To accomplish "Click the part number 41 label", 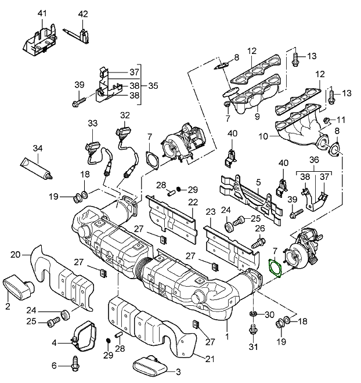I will [x=42, y=13].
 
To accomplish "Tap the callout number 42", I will [x=83, y=13].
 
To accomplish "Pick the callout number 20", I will [x=16, y=254].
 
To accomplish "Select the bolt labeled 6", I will [x=75, y=365].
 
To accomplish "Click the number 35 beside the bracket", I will [x=153, y=85].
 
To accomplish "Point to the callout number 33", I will [x=93, y=123].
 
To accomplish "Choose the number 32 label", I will [x=124, y=115].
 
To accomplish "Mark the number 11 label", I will [x=341, y=120].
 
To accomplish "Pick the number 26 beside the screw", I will [x=259, y=228].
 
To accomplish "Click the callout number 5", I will [x=258, y=182].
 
